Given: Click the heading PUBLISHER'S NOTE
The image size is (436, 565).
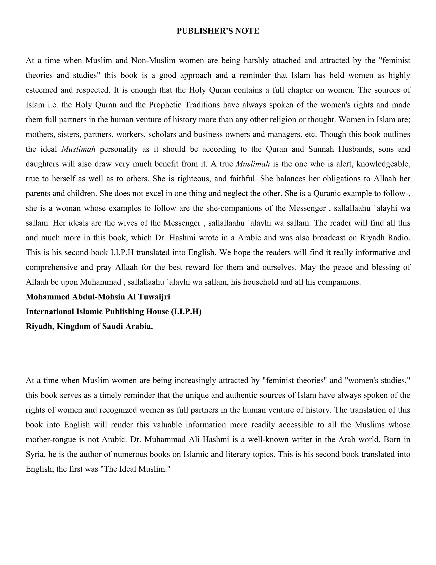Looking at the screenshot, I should [x=218, y=31].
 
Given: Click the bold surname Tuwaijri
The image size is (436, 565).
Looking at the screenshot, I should [x=154, y=297].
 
